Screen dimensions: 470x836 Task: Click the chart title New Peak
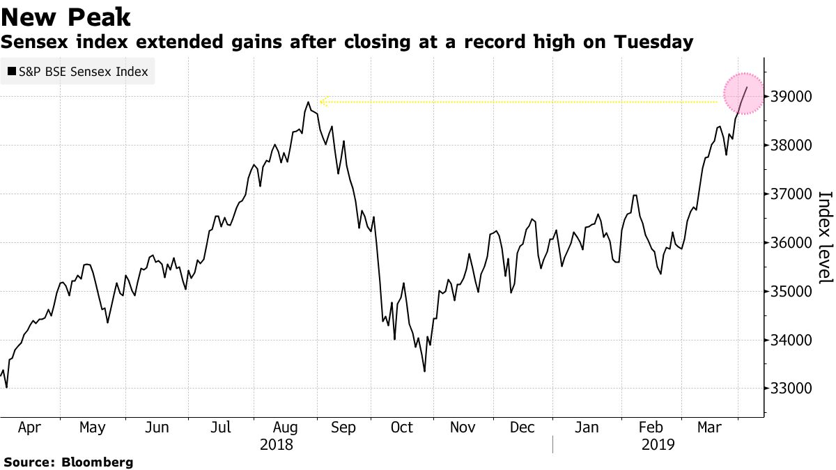[66, 16]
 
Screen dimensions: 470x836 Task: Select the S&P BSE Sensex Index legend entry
[77, 72]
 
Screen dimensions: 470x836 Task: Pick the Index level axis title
[824, 237]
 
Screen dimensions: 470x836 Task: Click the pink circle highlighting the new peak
[745, 93]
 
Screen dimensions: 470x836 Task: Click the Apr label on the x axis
[29, 428]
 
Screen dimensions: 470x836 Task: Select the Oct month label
[401, 428]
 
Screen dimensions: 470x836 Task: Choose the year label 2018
[277, 444]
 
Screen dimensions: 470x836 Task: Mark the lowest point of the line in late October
[424, 371]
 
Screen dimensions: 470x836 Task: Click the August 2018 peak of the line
[308, 102]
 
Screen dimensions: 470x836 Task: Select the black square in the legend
[11, 72]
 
